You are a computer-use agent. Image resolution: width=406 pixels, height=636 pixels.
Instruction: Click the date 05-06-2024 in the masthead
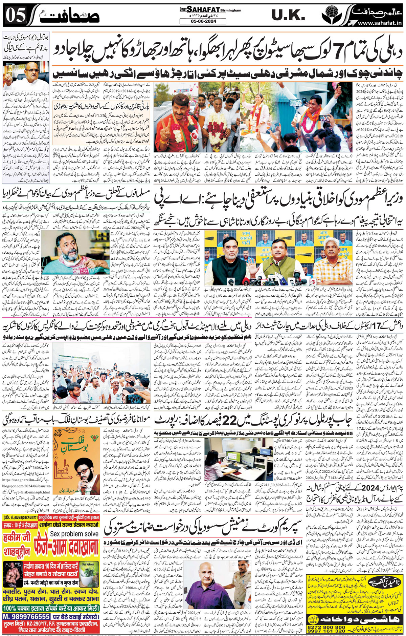coord(203,21)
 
